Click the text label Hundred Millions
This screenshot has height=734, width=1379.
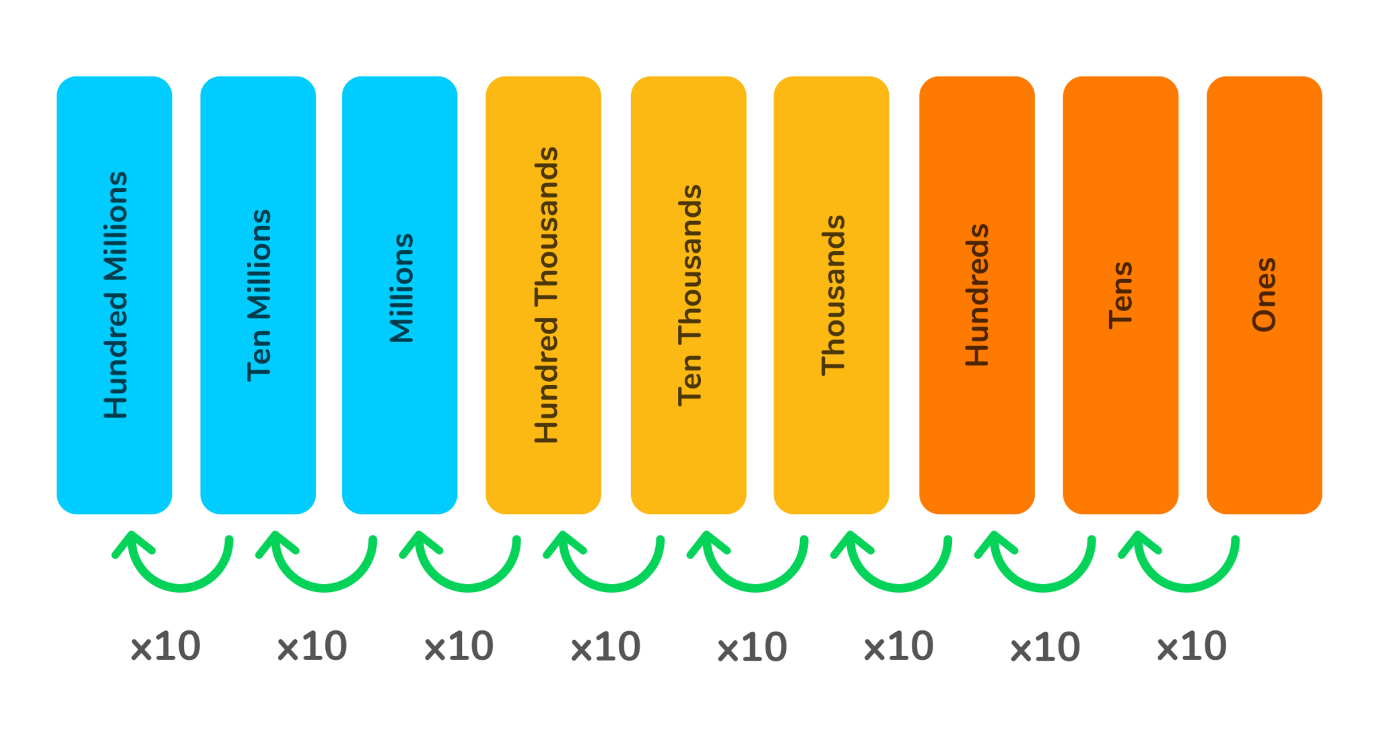(x=115, y=295)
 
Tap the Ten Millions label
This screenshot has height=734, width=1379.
(x=259, y=295)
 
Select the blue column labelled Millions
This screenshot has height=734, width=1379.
(x=400, y=295)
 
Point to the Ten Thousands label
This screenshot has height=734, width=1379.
(x=689, y=295)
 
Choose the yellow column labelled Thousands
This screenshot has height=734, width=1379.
(x=832, y=295)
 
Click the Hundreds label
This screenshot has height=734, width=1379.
(x=976, y=295)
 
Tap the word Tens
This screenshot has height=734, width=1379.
(x=1120, y=295)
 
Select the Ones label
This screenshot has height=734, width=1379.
(x=1264, y=295)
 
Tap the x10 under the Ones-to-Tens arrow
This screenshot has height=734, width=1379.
(x=1191, y=646)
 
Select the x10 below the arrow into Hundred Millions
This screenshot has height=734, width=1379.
(x=165, y=646)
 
